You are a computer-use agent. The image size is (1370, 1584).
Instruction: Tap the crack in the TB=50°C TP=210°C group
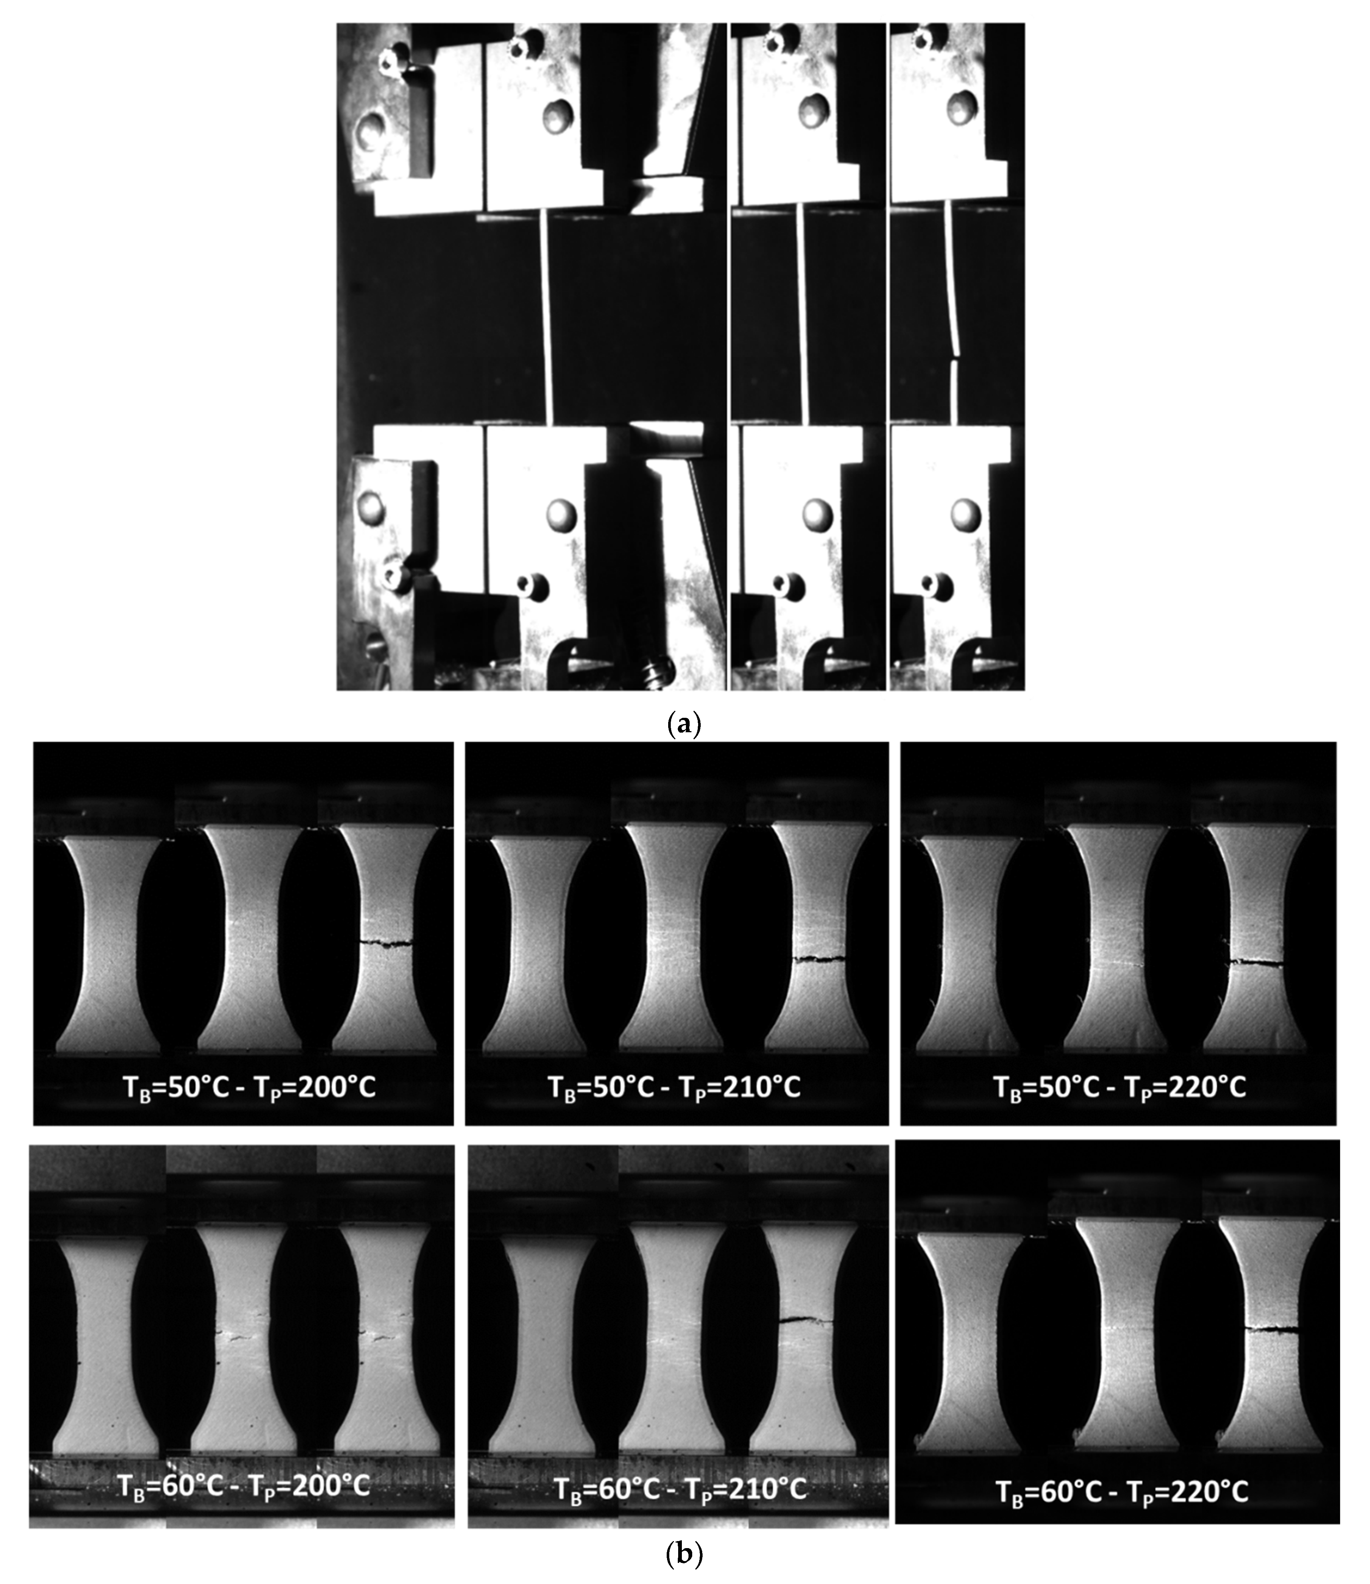819,958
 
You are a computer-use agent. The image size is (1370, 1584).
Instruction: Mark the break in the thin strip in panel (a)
954,356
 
